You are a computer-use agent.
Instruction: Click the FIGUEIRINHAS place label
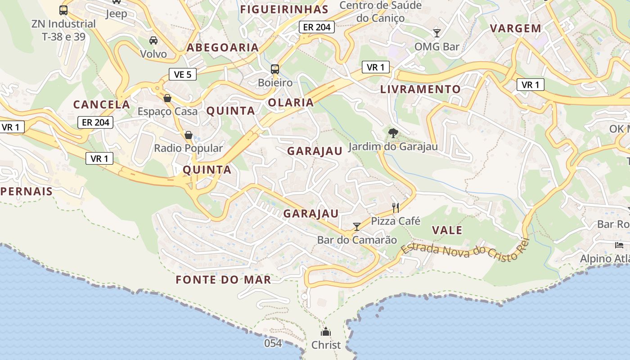[284, 9]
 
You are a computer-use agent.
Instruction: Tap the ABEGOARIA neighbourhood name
[223, 47]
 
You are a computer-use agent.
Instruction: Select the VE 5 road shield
[183, 74]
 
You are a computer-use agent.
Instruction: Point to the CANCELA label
[102, 104]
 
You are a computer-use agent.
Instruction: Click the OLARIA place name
[291, 103]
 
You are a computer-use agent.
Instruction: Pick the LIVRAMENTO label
[420, 89]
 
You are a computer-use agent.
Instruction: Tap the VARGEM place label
[515, 28]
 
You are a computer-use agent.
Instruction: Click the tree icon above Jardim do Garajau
[393, 133]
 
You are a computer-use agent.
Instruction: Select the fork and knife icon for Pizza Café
[396, 207]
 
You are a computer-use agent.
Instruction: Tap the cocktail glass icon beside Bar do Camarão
[357, 226]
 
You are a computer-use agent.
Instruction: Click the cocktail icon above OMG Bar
[436, 33]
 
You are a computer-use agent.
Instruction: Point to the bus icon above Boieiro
[275, 69]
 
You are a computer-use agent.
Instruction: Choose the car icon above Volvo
[153, 40]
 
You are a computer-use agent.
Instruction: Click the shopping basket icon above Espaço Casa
[167, 98]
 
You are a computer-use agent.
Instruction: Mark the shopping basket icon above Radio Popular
[189, 135]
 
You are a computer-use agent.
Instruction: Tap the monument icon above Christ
[326, 332]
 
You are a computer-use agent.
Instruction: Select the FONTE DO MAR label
[224, 280]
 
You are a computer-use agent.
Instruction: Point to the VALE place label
[447, 230]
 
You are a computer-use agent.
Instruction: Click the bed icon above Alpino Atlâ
[620, 245]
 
